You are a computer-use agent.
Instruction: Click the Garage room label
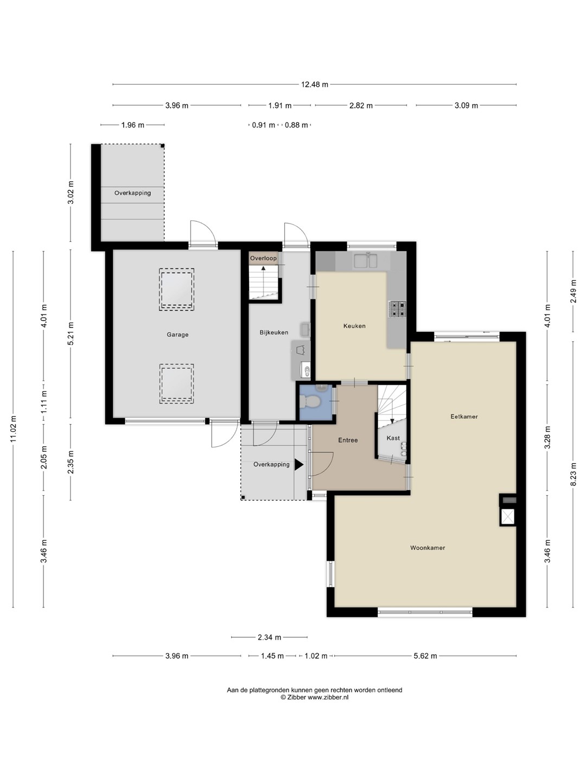pos(177,335)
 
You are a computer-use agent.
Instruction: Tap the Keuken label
pos(354,325)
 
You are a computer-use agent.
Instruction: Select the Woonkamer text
pos(428,548)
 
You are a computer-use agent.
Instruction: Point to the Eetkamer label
pos(464,417)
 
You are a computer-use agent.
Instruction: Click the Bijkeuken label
pos(273,332)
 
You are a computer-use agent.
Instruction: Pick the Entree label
pos(348,440)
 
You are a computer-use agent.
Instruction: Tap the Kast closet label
pos(393,438)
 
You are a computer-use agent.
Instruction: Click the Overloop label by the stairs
pos(263,258)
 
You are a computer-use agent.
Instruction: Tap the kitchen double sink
pos(365,260)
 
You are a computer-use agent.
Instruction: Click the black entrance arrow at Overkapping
pos(299,465)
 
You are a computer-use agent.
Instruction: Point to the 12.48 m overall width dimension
pos(315,85)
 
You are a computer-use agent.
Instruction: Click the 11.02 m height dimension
pos(14,429)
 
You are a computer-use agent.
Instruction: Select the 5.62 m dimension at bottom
pos(425,656)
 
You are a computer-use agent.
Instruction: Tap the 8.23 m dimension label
pos(573,474)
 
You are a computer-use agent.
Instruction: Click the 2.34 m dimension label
pos(269,637)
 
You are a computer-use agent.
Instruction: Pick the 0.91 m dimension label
pos(264,125)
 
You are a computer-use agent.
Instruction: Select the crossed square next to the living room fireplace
pos(507,517)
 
